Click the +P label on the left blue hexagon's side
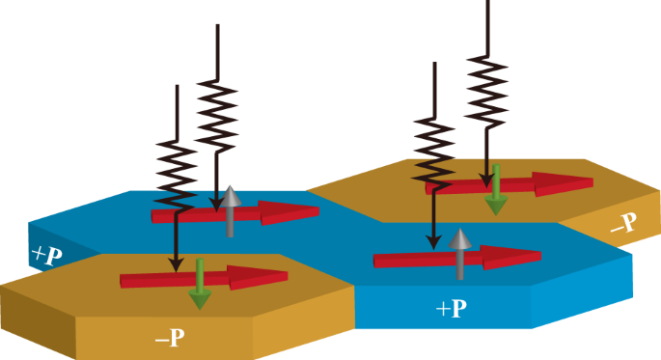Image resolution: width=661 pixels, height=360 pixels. coord(47,256)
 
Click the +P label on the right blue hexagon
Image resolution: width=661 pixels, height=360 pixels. coord(452,309)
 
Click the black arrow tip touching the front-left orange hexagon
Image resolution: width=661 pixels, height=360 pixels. coord(175,265)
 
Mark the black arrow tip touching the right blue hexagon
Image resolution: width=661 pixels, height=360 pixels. coord(434,241)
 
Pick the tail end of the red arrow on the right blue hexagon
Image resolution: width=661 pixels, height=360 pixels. coord(377,260)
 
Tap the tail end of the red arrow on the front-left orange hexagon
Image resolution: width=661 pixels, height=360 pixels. coord(124,281)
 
